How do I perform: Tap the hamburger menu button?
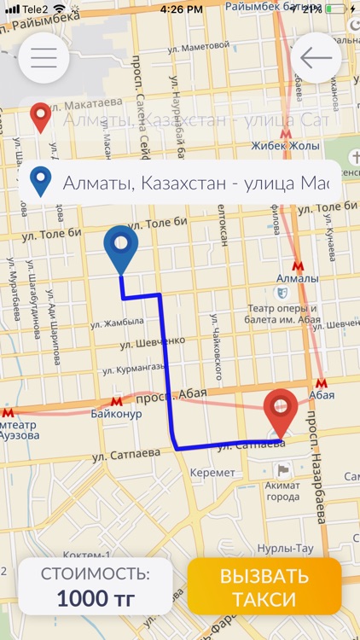tap(44, 57)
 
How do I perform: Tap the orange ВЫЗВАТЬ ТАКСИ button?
tap(264, 587)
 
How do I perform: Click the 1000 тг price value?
tap(96, 598)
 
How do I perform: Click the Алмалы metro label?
tap(297, 278)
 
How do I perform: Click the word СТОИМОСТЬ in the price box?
tap(96, 573)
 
